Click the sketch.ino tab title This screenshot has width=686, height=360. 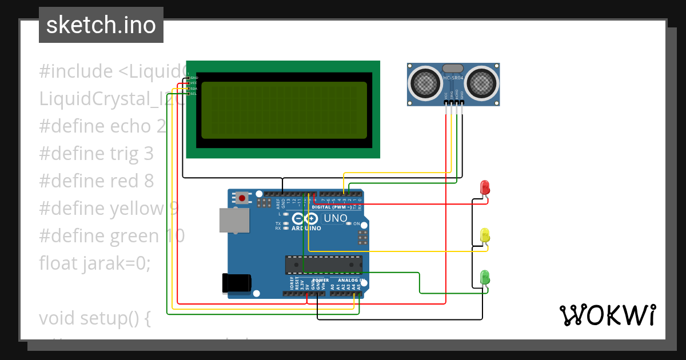pyautogui.click(x=101, y=25)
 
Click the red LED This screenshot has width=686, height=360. pyautogui.click(x=485, y=187)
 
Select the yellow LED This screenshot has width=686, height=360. pyautogui.click(x=485, y=235)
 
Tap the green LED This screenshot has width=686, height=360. pyautogui.click(x=485, y=277)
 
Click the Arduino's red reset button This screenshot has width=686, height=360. pyautogui.click(x=242, y=198)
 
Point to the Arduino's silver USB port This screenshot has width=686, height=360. pyautogui.click(x=234, y=220)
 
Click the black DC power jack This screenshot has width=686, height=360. pyautogui.click(x=237, y=283)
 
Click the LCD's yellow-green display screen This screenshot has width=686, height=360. pyautogui.click(x=284, y=110)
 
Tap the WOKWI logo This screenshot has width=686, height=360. pyautogui.click(x=607, y=315)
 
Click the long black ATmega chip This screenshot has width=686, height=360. pyautogui.click(x=324, y=265)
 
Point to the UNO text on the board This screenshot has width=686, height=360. pyautogui.click(x=336, y=218)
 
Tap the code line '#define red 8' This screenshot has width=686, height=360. pyautogui.click(x=96, y=181)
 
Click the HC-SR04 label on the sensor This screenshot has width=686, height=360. pyautogui.click(x=453, y=78)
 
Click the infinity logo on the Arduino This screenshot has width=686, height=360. pyautogui.click(x=305, y=218)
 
